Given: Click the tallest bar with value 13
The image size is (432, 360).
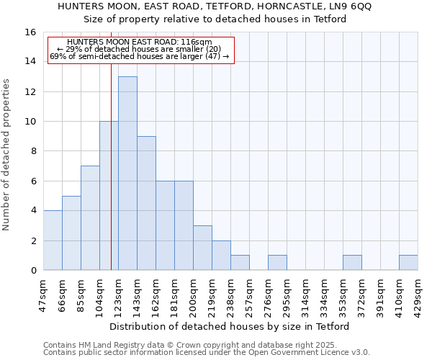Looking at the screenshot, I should coord(127,174).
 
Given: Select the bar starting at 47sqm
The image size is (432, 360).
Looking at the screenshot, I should coord(53,240).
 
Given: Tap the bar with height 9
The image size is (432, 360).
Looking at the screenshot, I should coord(146,203).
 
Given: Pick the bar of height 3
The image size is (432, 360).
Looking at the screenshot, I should coord(202,248).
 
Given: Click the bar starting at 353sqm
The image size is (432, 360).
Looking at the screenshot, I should coord(352,263).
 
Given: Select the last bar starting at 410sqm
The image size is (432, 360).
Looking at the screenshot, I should coord(408,263).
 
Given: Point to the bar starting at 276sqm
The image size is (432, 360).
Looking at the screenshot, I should coord(277,263).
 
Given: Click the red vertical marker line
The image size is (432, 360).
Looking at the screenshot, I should coord(111,180).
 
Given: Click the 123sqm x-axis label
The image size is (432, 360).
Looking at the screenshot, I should coord(119,294).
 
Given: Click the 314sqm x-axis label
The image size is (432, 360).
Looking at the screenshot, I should coord(306,294).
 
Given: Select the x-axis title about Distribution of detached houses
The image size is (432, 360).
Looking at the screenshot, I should coord(230,326).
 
